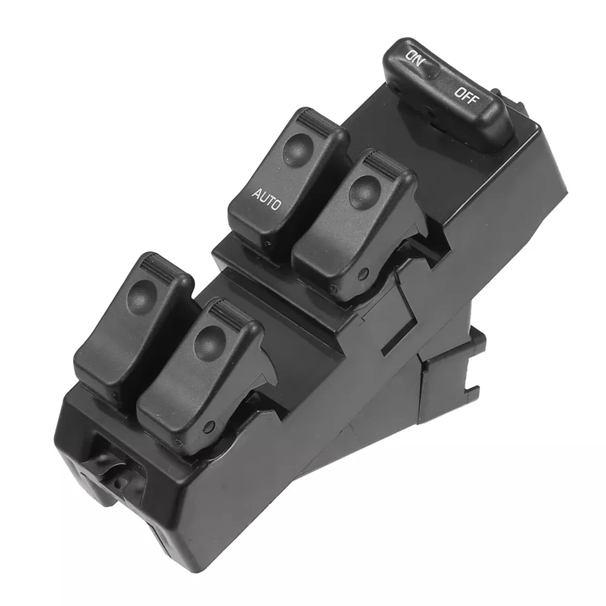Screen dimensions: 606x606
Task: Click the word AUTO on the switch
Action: [x=266, y=200]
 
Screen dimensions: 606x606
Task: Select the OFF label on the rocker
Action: [x=465, y=95]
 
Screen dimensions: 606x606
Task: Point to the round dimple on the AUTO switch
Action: [x=297, y=147]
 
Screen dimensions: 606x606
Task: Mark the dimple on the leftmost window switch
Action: [x=141, y=296]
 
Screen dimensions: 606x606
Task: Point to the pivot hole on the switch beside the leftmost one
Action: [x=209, y=426]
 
